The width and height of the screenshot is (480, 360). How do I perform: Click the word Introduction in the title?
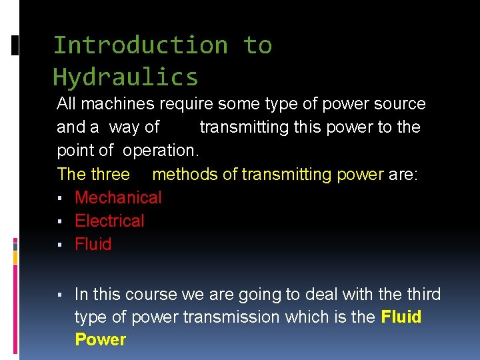pos(140,45)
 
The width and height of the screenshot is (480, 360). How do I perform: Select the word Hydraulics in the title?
pos(125,77)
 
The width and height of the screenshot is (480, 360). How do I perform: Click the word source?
pos(399,104)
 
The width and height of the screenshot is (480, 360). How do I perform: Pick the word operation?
pos(161,151)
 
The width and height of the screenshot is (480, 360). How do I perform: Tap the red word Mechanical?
pos(118,197)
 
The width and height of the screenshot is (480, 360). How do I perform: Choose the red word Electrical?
pos(109,221)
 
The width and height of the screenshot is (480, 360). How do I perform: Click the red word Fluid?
pos(93,244)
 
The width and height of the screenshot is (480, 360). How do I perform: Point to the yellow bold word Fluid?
pos(401,317)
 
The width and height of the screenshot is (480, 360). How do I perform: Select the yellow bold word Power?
pos(100,339)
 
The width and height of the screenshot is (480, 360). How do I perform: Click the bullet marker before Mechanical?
pos(60,198)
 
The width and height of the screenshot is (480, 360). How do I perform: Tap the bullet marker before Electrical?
pos(60,221)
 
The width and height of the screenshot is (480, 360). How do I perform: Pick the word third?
pos(419,295)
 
